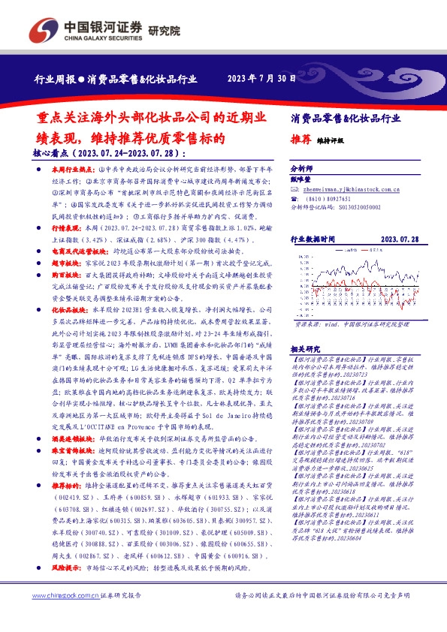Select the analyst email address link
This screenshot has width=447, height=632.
[344, 191]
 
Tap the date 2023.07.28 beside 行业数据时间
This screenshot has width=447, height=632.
[398, 239]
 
